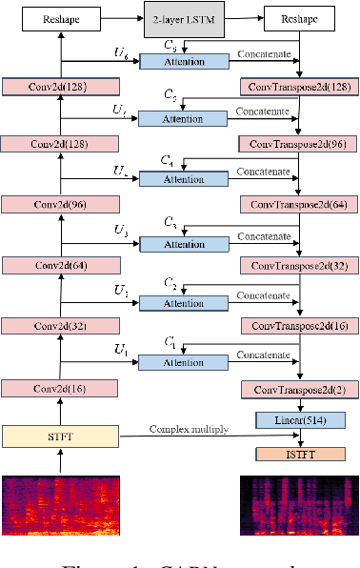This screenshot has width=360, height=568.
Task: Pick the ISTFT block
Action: [x=300, y=453]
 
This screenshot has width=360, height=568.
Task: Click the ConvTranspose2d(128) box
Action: [x=300, y=86]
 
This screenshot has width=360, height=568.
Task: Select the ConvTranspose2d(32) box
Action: [x=300, y=266]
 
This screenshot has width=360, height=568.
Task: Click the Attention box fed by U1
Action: [x=185, y=361]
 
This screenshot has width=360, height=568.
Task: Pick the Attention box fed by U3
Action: [x=185, y=244]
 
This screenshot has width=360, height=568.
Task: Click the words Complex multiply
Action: [x=188, y=429]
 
